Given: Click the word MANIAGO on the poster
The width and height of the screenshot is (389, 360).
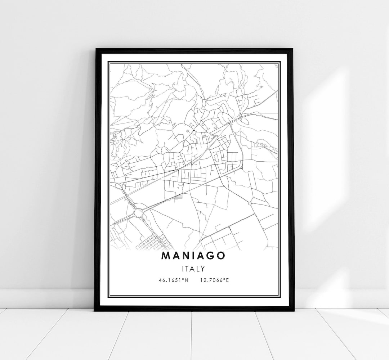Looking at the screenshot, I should click(x=194, y=255).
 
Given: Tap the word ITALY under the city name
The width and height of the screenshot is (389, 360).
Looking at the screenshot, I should click(x=194, y=268).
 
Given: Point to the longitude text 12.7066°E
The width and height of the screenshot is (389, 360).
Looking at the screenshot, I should click(x=214, y=279).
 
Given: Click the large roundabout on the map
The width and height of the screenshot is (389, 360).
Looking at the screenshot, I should click(x=139, y=213).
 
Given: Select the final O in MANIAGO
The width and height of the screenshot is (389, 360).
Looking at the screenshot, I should click(x=221, y=255).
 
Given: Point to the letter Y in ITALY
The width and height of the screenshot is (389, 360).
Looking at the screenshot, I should click(x=203, y=268).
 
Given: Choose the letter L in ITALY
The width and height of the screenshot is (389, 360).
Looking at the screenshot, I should click(x=198, y=268).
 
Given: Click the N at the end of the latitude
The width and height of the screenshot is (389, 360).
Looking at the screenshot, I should click(x=187, y=279).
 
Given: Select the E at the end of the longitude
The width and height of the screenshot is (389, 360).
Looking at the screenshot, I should click(x=227, y=279).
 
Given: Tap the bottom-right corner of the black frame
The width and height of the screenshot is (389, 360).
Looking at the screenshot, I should click(x=294, y=310).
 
